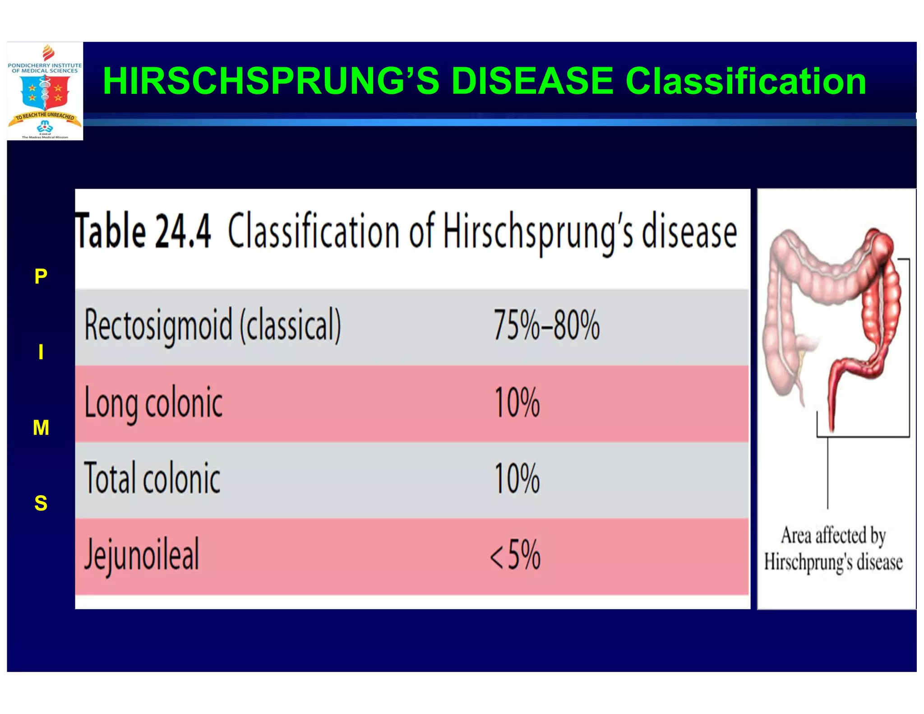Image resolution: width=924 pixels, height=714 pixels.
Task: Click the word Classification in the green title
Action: [745, 81]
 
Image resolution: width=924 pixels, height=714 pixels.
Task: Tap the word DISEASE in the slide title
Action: [532, 81]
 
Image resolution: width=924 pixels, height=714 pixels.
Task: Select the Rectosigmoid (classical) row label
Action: [213, 325]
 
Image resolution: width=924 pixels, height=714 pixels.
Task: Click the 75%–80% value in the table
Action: [546, 325]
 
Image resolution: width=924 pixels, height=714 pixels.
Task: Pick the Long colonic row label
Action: [153, 403]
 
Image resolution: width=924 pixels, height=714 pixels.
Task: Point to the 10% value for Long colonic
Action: [517, 403]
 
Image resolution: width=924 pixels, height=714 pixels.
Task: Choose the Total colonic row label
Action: [152, 478]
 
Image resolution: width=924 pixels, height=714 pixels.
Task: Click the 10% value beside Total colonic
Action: [517, 478]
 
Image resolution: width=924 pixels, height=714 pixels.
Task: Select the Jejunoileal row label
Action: [141, 555]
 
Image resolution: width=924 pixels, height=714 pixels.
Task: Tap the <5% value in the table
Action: [515, 555]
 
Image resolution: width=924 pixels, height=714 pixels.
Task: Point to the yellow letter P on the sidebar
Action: [41, 276]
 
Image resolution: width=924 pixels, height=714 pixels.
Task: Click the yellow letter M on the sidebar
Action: [41, 427]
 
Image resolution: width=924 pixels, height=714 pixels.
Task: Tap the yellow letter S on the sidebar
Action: [41, 503]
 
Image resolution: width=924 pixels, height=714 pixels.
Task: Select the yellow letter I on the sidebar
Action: [41, 352]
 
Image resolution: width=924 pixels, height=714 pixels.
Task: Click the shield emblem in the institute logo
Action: [45, 92]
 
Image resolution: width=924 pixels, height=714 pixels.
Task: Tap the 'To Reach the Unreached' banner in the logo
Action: [45, 117]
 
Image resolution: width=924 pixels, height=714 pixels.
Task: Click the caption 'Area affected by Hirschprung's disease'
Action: [833, 549]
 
